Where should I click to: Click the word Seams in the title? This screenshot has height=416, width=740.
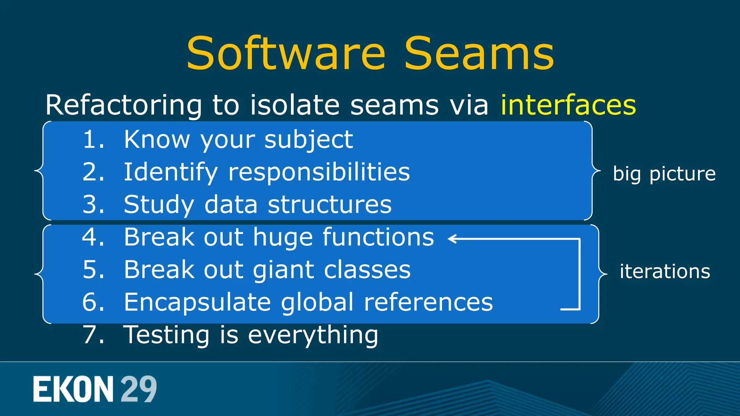pos(479,54)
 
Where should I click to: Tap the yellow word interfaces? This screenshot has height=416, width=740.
pos(568,105)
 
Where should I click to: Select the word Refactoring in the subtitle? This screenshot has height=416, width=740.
pos(123,105)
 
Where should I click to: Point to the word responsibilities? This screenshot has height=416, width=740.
pos(319,172)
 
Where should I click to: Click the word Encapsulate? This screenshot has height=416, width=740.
pos(197,303)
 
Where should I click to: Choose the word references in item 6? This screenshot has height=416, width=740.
pos(428,303)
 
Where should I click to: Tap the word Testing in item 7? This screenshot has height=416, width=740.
pos(167,335)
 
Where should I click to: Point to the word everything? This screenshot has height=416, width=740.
pos(313,335)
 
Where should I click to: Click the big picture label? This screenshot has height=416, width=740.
pos(664,174)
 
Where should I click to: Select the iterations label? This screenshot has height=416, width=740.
pos(665,271)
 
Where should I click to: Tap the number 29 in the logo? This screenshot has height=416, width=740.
pos(138,389)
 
